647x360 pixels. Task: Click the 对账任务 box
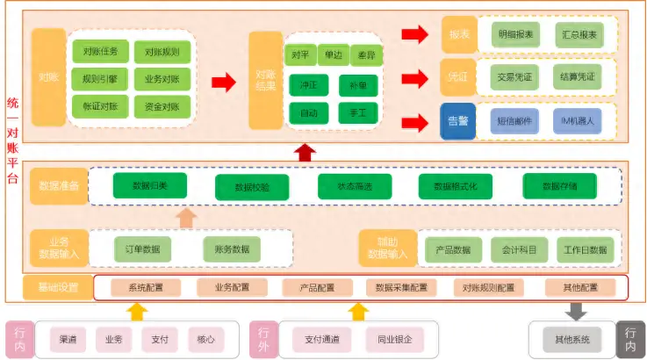tap(101, 52)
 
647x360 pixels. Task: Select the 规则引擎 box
tap(101, 79)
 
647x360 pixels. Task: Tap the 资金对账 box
tap(162, 107)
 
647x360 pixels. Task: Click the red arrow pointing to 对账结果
tap(225, 83)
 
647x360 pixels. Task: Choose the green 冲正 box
tap(309, 85)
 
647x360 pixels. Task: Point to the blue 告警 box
tap(458, 121)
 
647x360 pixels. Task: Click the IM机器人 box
tap(578, 121)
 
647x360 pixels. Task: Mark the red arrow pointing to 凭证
tap(412, 77)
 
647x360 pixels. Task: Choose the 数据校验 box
tap(252, 187)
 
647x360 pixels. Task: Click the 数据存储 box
tap(559, 186)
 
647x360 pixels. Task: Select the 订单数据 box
tap(142, 249)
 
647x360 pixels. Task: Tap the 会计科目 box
tap(519, 249)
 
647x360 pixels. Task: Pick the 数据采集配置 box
tap(401, 288)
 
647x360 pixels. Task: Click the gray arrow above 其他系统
tap(578, 310)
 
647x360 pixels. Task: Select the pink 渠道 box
tap(68, 338)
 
